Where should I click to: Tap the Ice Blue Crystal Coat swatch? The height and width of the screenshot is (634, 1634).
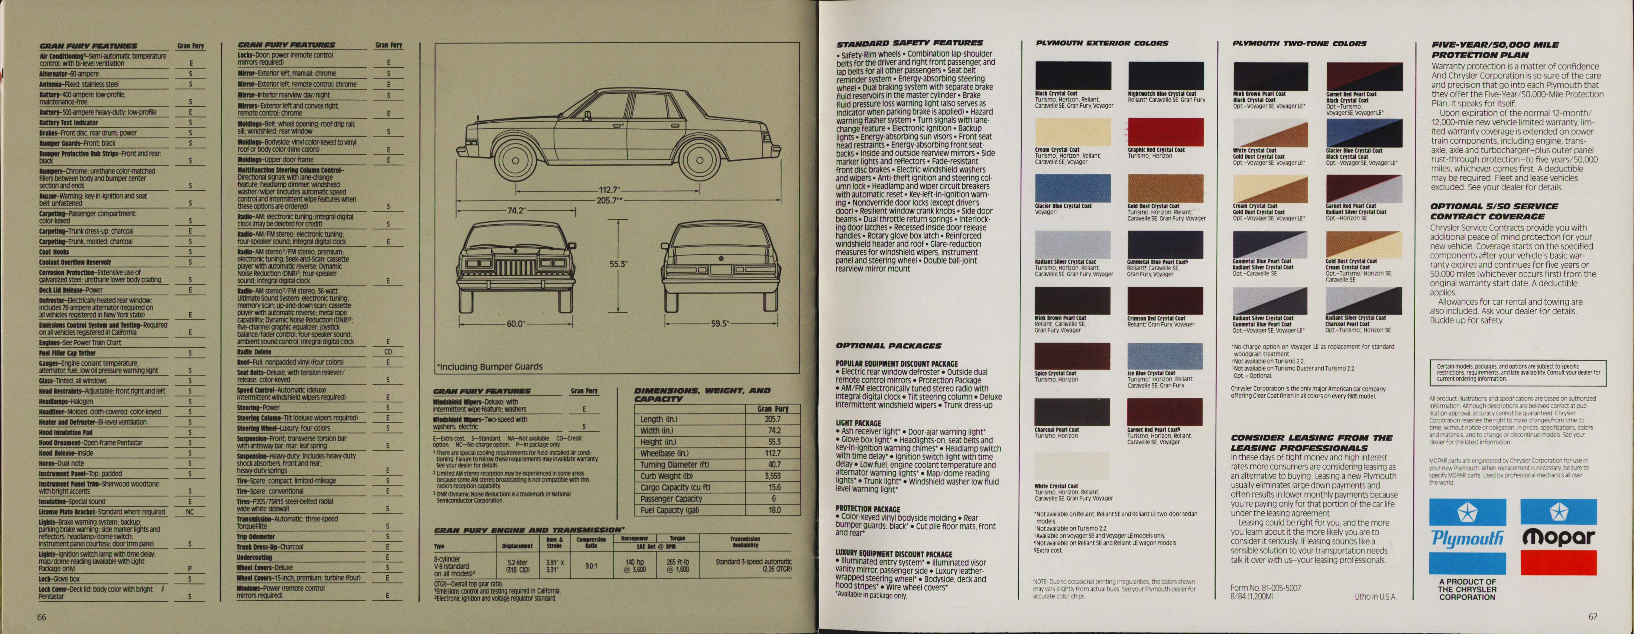[1165, 356]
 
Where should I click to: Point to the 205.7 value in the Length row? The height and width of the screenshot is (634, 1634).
[772, 419]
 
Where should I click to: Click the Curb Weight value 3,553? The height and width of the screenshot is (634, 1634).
[772, 476]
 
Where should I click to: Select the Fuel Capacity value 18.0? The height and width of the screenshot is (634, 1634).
[774, 510]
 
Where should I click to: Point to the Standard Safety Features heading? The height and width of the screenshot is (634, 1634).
[909, 43]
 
